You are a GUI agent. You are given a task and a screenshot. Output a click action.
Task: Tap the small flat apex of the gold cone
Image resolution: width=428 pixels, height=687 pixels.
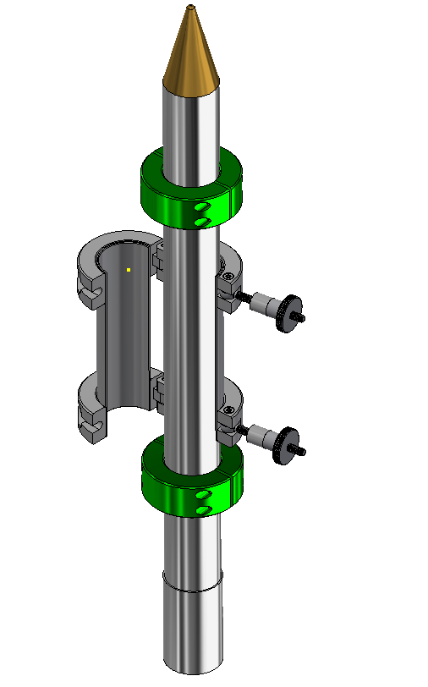point(192,8)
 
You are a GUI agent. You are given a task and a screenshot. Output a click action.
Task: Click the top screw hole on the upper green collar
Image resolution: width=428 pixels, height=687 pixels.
point(200,208)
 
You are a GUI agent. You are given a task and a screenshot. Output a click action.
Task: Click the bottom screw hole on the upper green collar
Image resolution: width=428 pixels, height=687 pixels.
point(200,222)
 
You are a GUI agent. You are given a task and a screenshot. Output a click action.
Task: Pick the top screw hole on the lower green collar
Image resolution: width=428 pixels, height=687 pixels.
point(201,495)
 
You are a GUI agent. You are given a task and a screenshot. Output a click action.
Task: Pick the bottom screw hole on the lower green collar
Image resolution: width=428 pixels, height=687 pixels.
point(201,509)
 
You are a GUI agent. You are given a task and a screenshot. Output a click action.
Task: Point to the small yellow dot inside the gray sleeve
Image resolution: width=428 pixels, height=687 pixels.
point(128,270)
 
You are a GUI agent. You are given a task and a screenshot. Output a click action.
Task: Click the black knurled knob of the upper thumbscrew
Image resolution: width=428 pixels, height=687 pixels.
point(290,313)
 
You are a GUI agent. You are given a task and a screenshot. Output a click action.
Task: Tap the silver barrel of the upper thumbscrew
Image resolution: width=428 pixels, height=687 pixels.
point(266,304)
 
